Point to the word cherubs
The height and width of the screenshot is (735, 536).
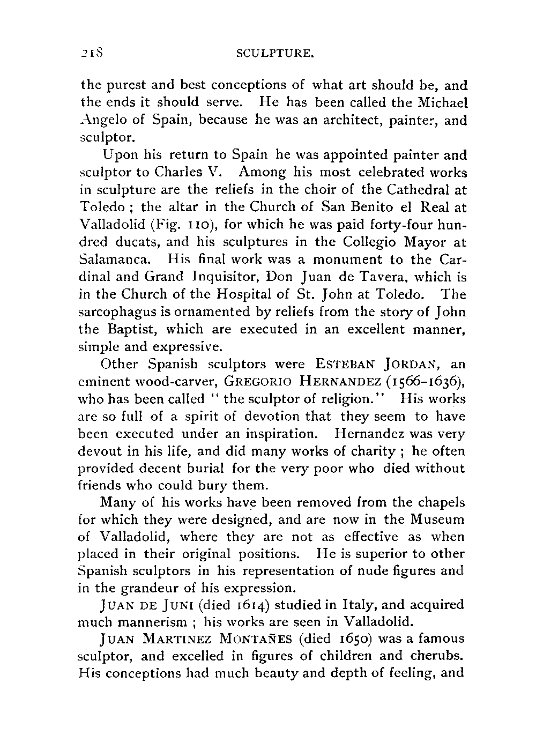point(438,657)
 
